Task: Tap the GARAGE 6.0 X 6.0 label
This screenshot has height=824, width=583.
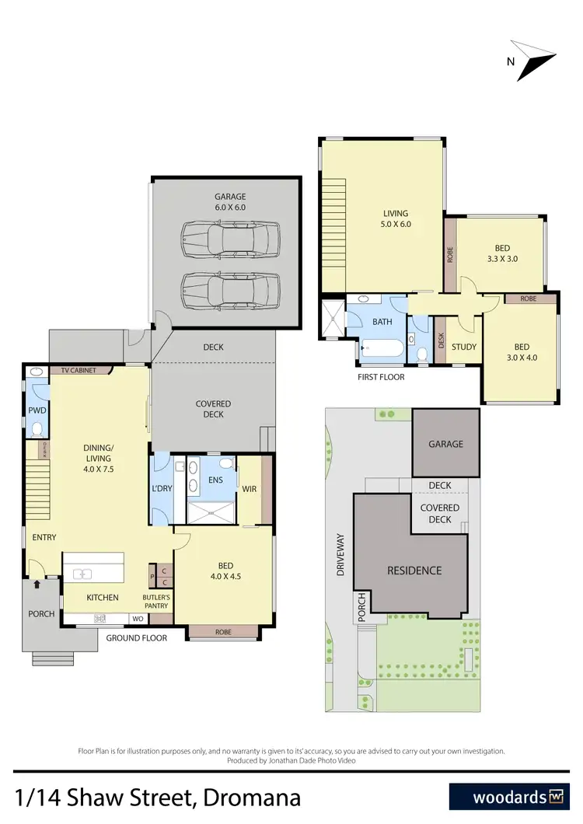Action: point(225,202)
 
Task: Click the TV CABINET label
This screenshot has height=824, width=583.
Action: point(79,371)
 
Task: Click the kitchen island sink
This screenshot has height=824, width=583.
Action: point(82,574)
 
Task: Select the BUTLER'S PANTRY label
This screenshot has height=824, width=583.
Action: point(156,602)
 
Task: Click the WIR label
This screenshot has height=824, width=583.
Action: point(250,489)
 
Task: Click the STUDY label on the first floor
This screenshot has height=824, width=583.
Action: point(463,347)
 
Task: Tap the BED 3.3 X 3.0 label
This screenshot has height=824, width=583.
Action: point(501,253)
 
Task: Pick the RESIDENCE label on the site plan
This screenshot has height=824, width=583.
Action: point(414,571)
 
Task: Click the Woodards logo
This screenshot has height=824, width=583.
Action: point(509,797)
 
